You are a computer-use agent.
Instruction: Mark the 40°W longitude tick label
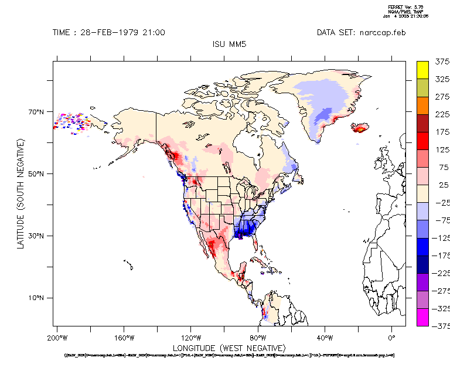(325, 338)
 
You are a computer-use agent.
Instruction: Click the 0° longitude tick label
(392, 338)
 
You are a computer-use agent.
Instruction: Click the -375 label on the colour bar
(440, 326)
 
